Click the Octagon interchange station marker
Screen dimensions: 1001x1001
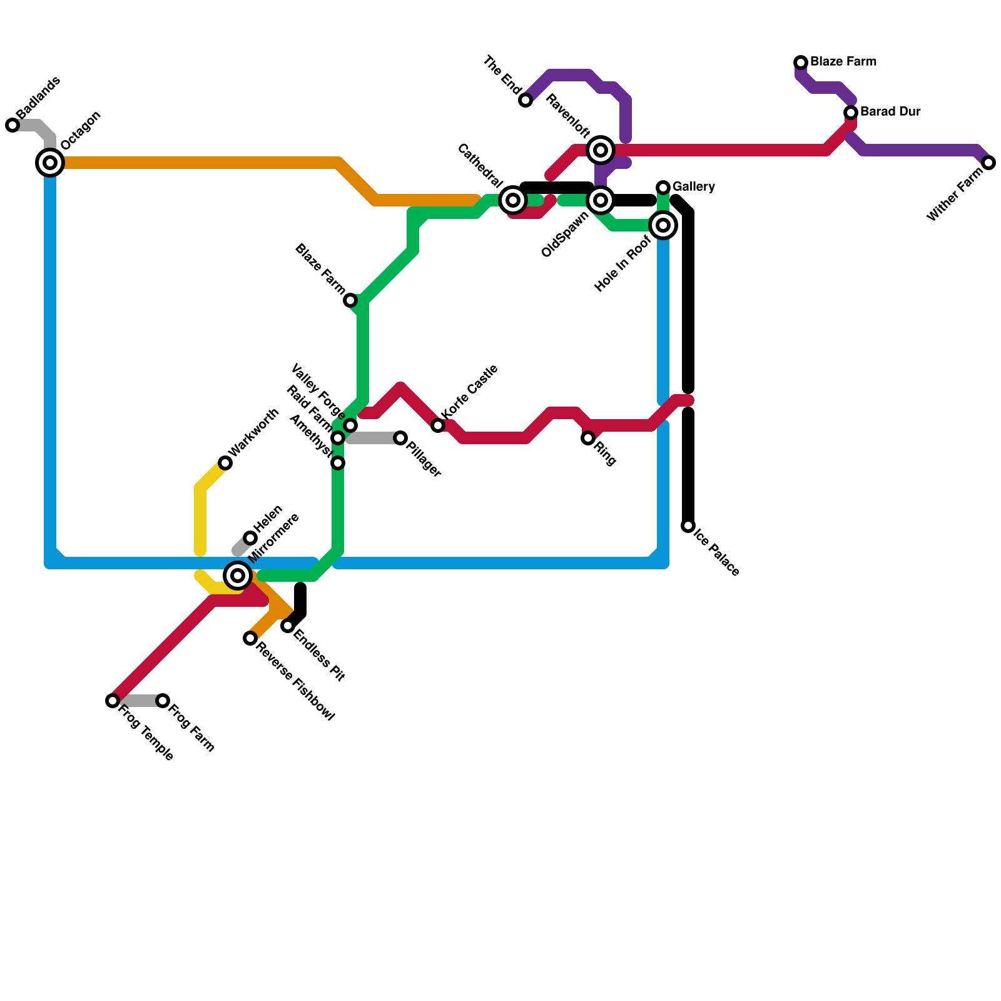point(50,163)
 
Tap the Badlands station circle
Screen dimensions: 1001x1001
point(13,125)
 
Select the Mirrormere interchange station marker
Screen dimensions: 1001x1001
point(238,575)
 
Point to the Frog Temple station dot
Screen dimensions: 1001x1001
point(113,701)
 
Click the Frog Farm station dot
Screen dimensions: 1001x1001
point(163,701)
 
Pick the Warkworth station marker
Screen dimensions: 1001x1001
point(225,463)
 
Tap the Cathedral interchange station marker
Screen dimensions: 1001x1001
point(513,200)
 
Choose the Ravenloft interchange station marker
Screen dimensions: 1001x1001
point(601,150)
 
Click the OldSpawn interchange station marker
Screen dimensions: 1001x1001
point(601,200)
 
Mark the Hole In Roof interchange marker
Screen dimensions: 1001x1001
point(663,225)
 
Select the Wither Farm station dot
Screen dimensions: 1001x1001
point(988,163)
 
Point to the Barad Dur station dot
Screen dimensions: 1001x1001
point(851,113)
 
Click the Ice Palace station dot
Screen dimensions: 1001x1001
point(688,526)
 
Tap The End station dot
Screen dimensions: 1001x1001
point(526,100)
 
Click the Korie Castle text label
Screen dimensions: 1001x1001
point(470,392)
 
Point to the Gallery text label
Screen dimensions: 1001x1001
point(694,187)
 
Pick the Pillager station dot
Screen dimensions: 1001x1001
point(400,438)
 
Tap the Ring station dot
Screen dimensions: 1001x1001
point(588,438)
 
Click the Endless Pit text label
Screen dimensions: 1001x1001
point(319,655)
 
